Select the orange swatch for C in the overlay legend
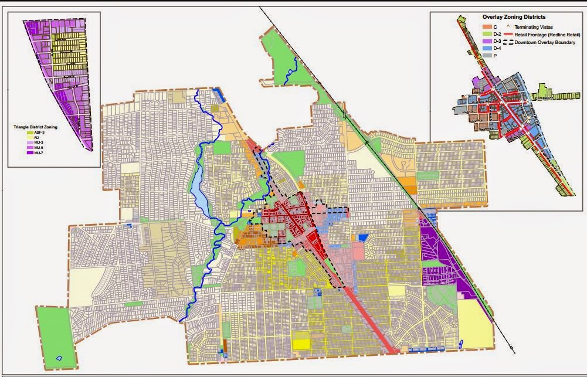point(486,27)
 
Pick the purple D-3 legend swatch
point(486,42)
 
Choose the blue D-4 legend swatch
point(486,49)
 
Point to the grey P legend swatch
point(486,56)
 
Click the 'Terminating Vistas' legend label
point(534,27)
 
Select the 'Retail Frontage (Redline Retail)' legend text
point(545,35)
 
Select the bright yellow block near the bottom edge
point(301,343)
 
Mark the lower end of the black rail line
point(514,352)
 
